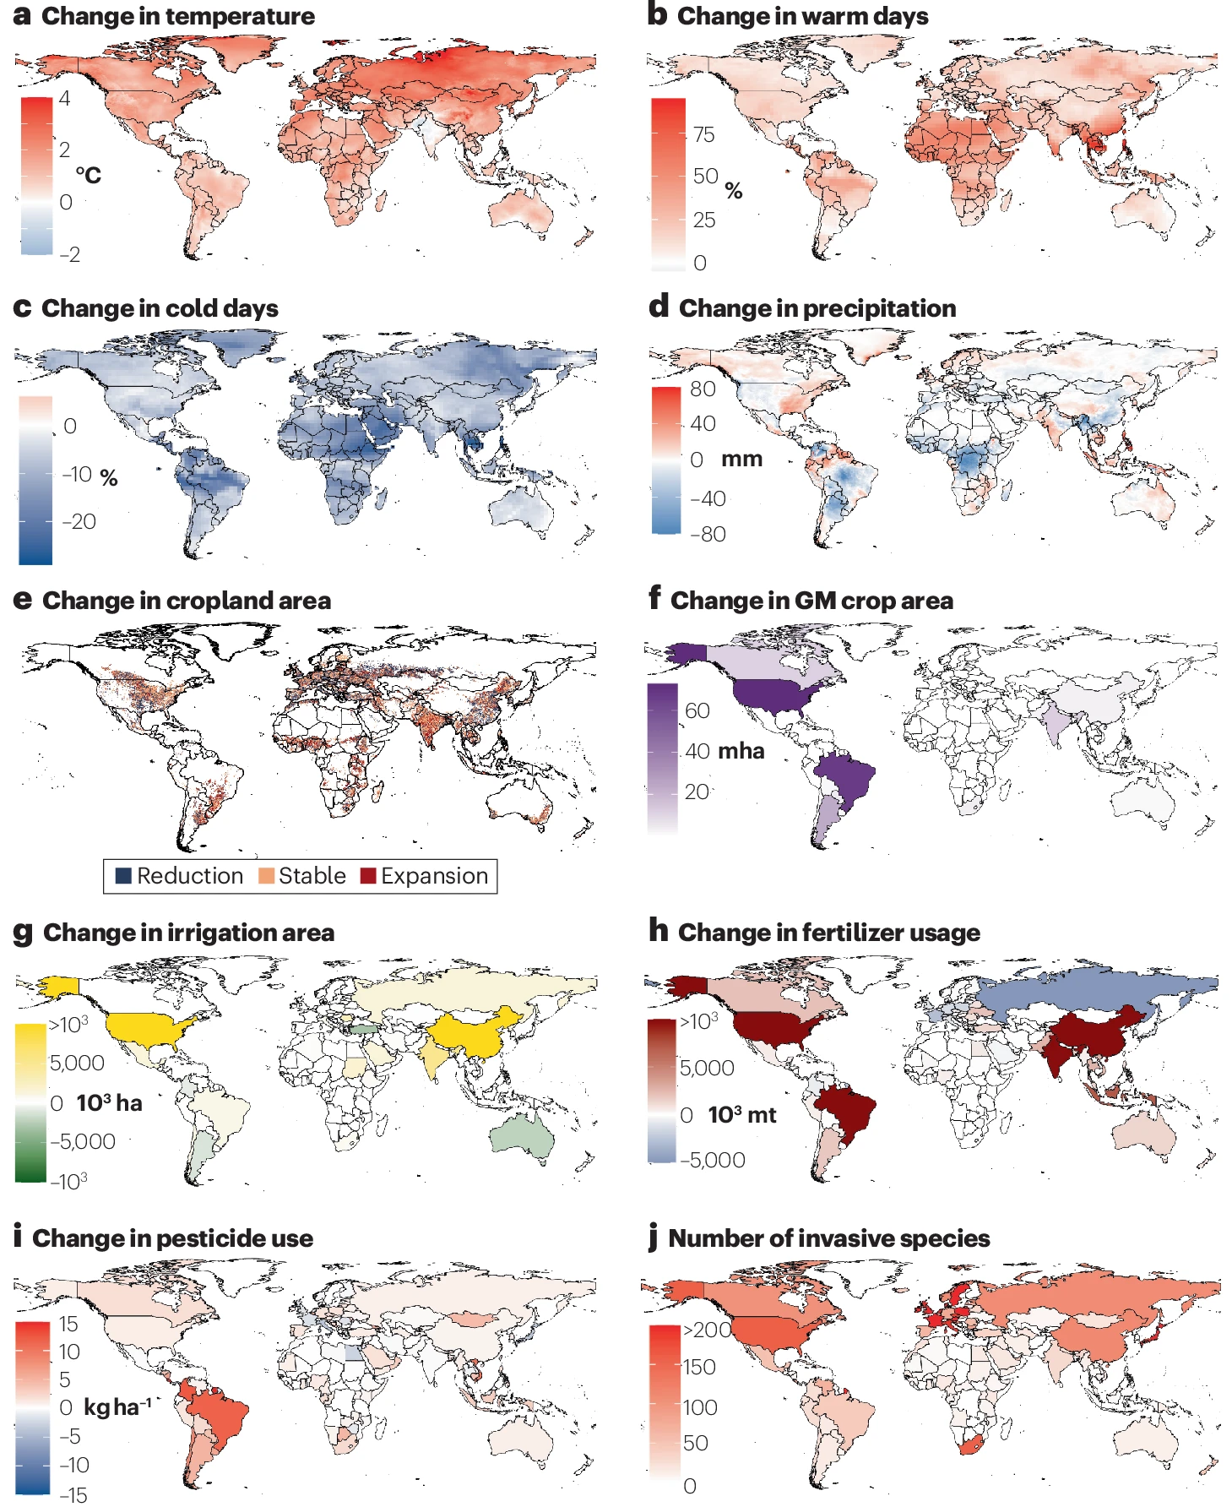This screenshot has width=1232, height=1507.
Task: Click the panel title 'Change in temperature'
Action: click(x=177, y=16)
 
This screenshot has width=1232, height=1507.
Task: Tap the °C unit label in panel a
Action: click(x=88, y=176)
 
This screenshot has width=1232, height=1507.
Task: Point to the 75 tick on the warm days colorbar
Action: click(x=703, y=135)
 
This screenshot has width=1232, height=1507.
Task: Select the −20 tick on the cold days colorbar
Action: click(x=79, y=522)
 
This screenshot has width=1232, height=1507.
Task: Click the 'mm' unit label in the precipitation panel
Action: click(x=741, y=460)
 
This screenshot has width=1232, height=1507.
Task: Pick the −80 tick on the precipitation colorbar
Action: click(x=708, y=535)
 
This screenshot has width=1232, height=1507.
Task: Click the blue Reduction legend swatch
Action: click(x=123, y=876)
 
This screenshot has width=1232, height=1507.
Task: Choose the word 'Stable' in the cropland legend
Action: click(x=312, y=876)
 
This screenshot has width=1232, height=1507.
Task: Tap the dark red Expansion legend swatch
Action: click(x=368, y=876)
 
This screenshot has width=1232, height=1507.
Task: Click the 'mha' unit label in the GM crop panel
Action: click(x=741, y=751)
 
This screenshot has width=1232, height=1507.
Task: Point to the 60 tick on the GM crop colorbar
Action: click(x=697, y=711)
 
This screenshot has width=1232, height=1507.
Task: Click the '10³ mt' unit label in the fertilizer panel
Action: click(x=741, y=1115)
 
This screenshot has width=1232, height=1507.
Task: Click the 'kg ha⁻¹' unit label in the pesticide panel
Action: click(x=117, y=1407)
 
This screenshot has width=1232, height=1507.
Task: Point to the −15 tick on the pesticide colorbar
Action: click(x=73, y=1495)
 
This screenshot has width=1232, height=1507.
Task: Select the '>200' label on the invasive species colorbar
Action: click(x=707, y=1330)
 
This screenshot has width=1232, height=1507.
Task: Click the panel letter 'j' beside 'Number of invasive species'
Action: click(x=653, y=1238)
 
